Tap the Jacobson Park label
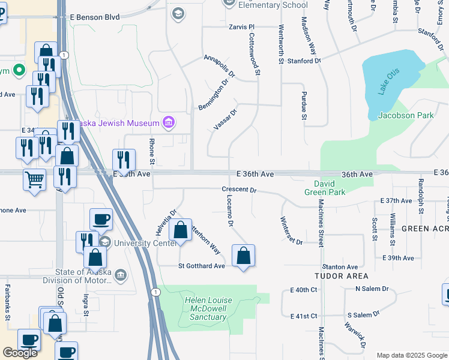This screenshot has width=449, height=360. tap(406, 115)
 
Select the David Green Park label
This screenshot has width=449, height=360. tap(330, 188)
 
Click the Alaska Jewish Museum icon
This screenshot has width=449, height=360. tap(169, 123)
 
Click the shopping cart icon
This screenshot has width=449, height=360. tap(34, 178)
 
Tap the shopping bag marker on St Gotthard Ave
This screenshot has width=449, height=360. tap(243, 256)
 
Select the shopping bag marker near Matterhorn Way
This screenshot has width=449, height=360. tap(180, 230)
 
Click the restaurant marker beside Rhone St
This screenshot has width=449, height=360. tap(124, 160)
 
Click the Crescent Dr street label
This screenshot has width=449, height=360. tap(239, 190)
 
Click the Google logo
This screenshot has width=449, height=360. tap(20, 353)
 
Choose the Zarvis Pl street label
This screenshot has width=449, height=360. tap(242, 27)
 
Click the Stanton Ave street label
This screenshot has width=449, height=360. tap(340, 266)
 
